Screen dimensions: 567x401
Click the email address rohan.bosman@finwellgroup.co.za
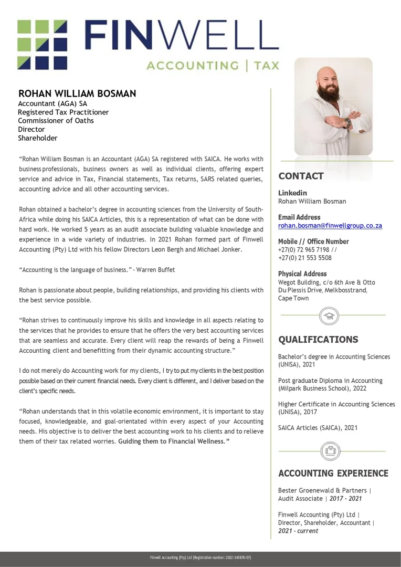[x=330, y=226]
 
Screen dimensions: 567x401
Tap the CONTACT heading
[x=301, y=176]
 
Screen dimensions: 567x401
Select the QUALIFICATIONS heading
[x=318, y=340]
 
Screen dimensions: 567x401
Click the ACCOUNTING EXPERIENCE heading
[x=333, y=474]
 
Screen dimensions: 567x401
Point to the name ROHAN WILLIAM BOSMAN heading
[x=77, y=93]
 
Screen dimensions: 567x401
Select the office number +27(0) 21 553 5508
[x=304, y=258]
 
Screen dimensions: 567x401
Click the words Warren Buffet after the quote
[x=157, y=270]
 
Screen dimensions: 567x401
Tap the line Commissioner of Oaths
[x=56, y=121]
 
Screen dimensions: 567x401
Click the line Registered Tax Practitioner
[x=64, y=112]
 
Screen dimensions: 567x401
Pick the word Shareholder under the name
[x=38, y=138]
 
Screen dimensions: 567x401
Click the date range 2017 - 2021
[x=345, y=499]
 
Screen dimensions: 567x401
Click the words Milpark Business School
[x=315, y=389]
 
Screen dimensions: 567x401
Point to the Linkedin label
[x=292, y=193]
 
